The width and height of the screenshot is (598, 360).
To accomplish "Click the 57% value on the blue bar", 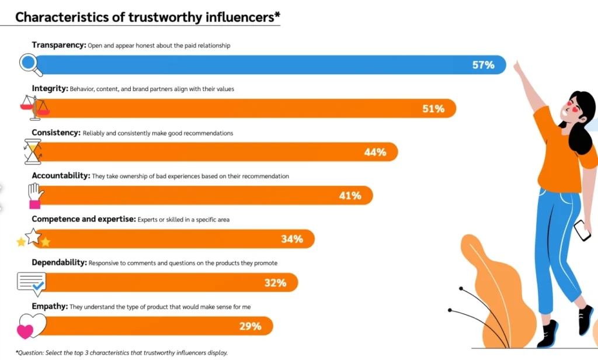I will pyautogui.click(x=483, y=65).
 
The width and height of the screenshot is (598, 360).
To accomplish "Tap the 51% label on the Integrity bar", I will pyautogui.click(x=433, y=109).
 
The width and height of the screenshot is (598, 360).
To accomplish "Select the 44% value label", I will pyautogui.click(x=375, y=152).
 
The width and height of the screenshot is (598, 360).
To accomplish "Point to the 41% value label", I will pyautogui.click(x=350, y=196).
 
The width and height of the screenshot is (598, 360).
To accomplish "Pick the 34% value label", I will pyautogui.click(x=291, y=239).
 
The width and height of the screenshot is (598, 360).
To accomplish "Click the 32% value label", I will pyautogui.click(x=275, y=283).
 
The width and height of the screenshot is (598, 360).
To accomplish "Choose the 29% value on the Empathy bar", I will pyautogui.click(x=250, y=326).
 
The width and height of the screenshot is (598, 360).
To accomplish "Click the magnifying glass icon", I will pyautogui.click(x=30, y=64).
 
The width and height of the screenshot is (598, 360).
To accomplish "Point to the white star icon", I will pyautogui.click(x=33, y=236).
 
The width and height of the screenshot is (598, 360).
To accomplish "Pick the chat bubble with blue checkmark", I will pyautogui.click(x=32, y=283).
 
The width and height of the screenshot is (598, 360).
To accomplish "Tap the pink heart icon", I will pyautogui.click(x=25, y=331).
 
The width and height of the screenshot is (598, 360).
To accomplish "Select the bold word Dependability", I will pyautogui.click(x=59, y=263).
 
